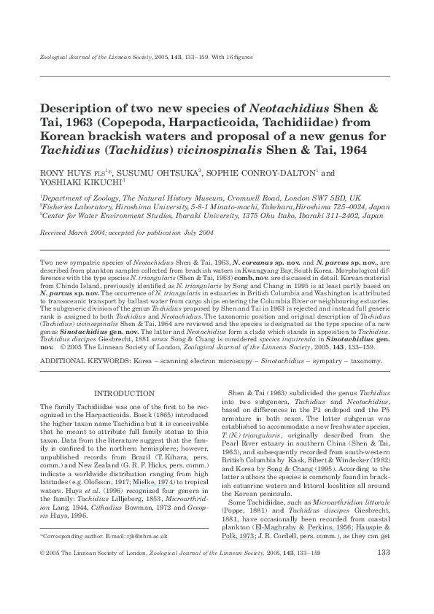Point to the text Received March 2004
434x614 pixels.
point(77,231)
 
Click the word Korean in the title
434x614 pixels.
point(63,136)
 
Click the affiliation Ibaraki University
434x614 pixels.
point(203,216)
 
